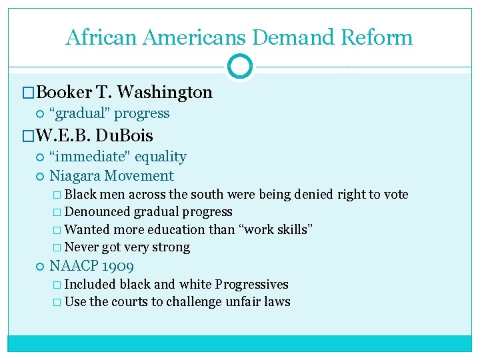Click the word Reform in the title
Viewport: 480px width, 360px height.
[x=377, y=37]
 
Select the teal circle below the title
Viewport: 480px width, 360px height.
[x=240, y=67]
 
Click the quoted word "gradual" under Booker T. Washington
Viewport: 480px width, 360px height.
[x=80, y=113]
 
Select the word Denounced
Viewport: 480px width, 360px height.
[x=97, y=212]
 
